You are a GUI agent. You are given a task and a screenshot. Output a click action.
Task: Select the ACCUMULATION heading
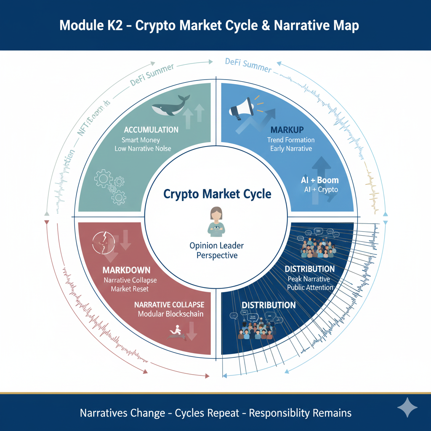pos(151,130)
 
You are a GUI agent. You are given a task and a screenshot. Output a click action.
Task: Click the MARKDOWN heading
pos(126,270)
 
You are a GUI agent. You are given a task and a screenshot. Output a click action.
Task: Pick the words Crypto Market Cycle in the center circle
pos(217,194)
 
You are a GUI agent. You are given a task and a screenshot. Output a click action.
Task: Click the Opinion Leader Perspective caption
pos(217,250)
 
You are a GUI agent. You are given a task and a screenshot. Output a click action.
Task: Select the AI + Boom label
pos(320,180)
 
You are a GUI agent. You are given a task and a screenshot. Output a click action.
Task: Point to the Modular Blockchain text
pos(171,314)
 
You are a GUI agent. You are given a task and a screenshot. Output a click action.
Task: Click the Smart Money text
pos(141,140)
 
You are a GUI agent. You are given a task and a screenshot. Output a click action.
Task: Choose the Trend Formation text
pos(290,140)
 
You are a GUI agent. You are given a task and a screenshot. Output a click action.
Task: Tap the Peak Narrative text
pos(309,279)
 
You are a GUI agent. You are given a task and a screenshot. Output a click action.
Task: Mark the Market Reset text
pos(130,289)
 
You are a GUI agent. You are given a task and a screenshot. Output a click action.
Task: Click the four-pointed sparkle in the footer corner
pos(407,407)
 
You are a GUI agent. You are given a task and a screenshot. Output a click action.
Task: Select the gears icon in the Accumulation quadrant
pos(110,186)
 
